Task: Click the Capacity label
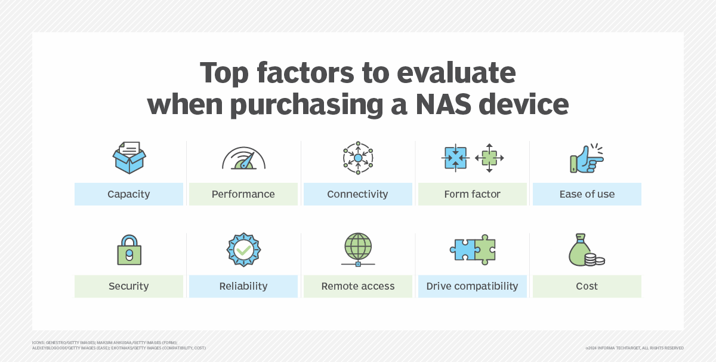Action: (128, 194)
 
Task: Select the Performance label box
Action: (243, 194)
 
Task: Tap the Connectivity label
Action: (357, 194)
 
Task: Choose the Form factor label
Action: (472, 194)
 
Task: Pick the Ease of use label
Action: (587, 194)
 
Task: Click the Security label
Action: (128, 286)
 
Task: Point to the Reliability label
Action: (243, 286)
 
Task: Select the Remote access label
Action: (357, 286)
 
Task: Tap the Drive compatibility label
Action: (472, 286)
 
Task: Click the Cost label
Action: (587, 286)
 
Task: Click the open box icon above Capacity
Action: (129, 158)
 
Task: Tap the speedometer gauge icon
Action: (243, 159)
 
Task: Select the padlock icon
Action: (129, 250)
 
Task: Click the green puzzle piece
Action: (484, 250)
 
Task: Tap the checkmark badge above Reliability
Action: (243, 250)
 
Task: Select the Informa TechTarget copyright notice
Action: (634, 348)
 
